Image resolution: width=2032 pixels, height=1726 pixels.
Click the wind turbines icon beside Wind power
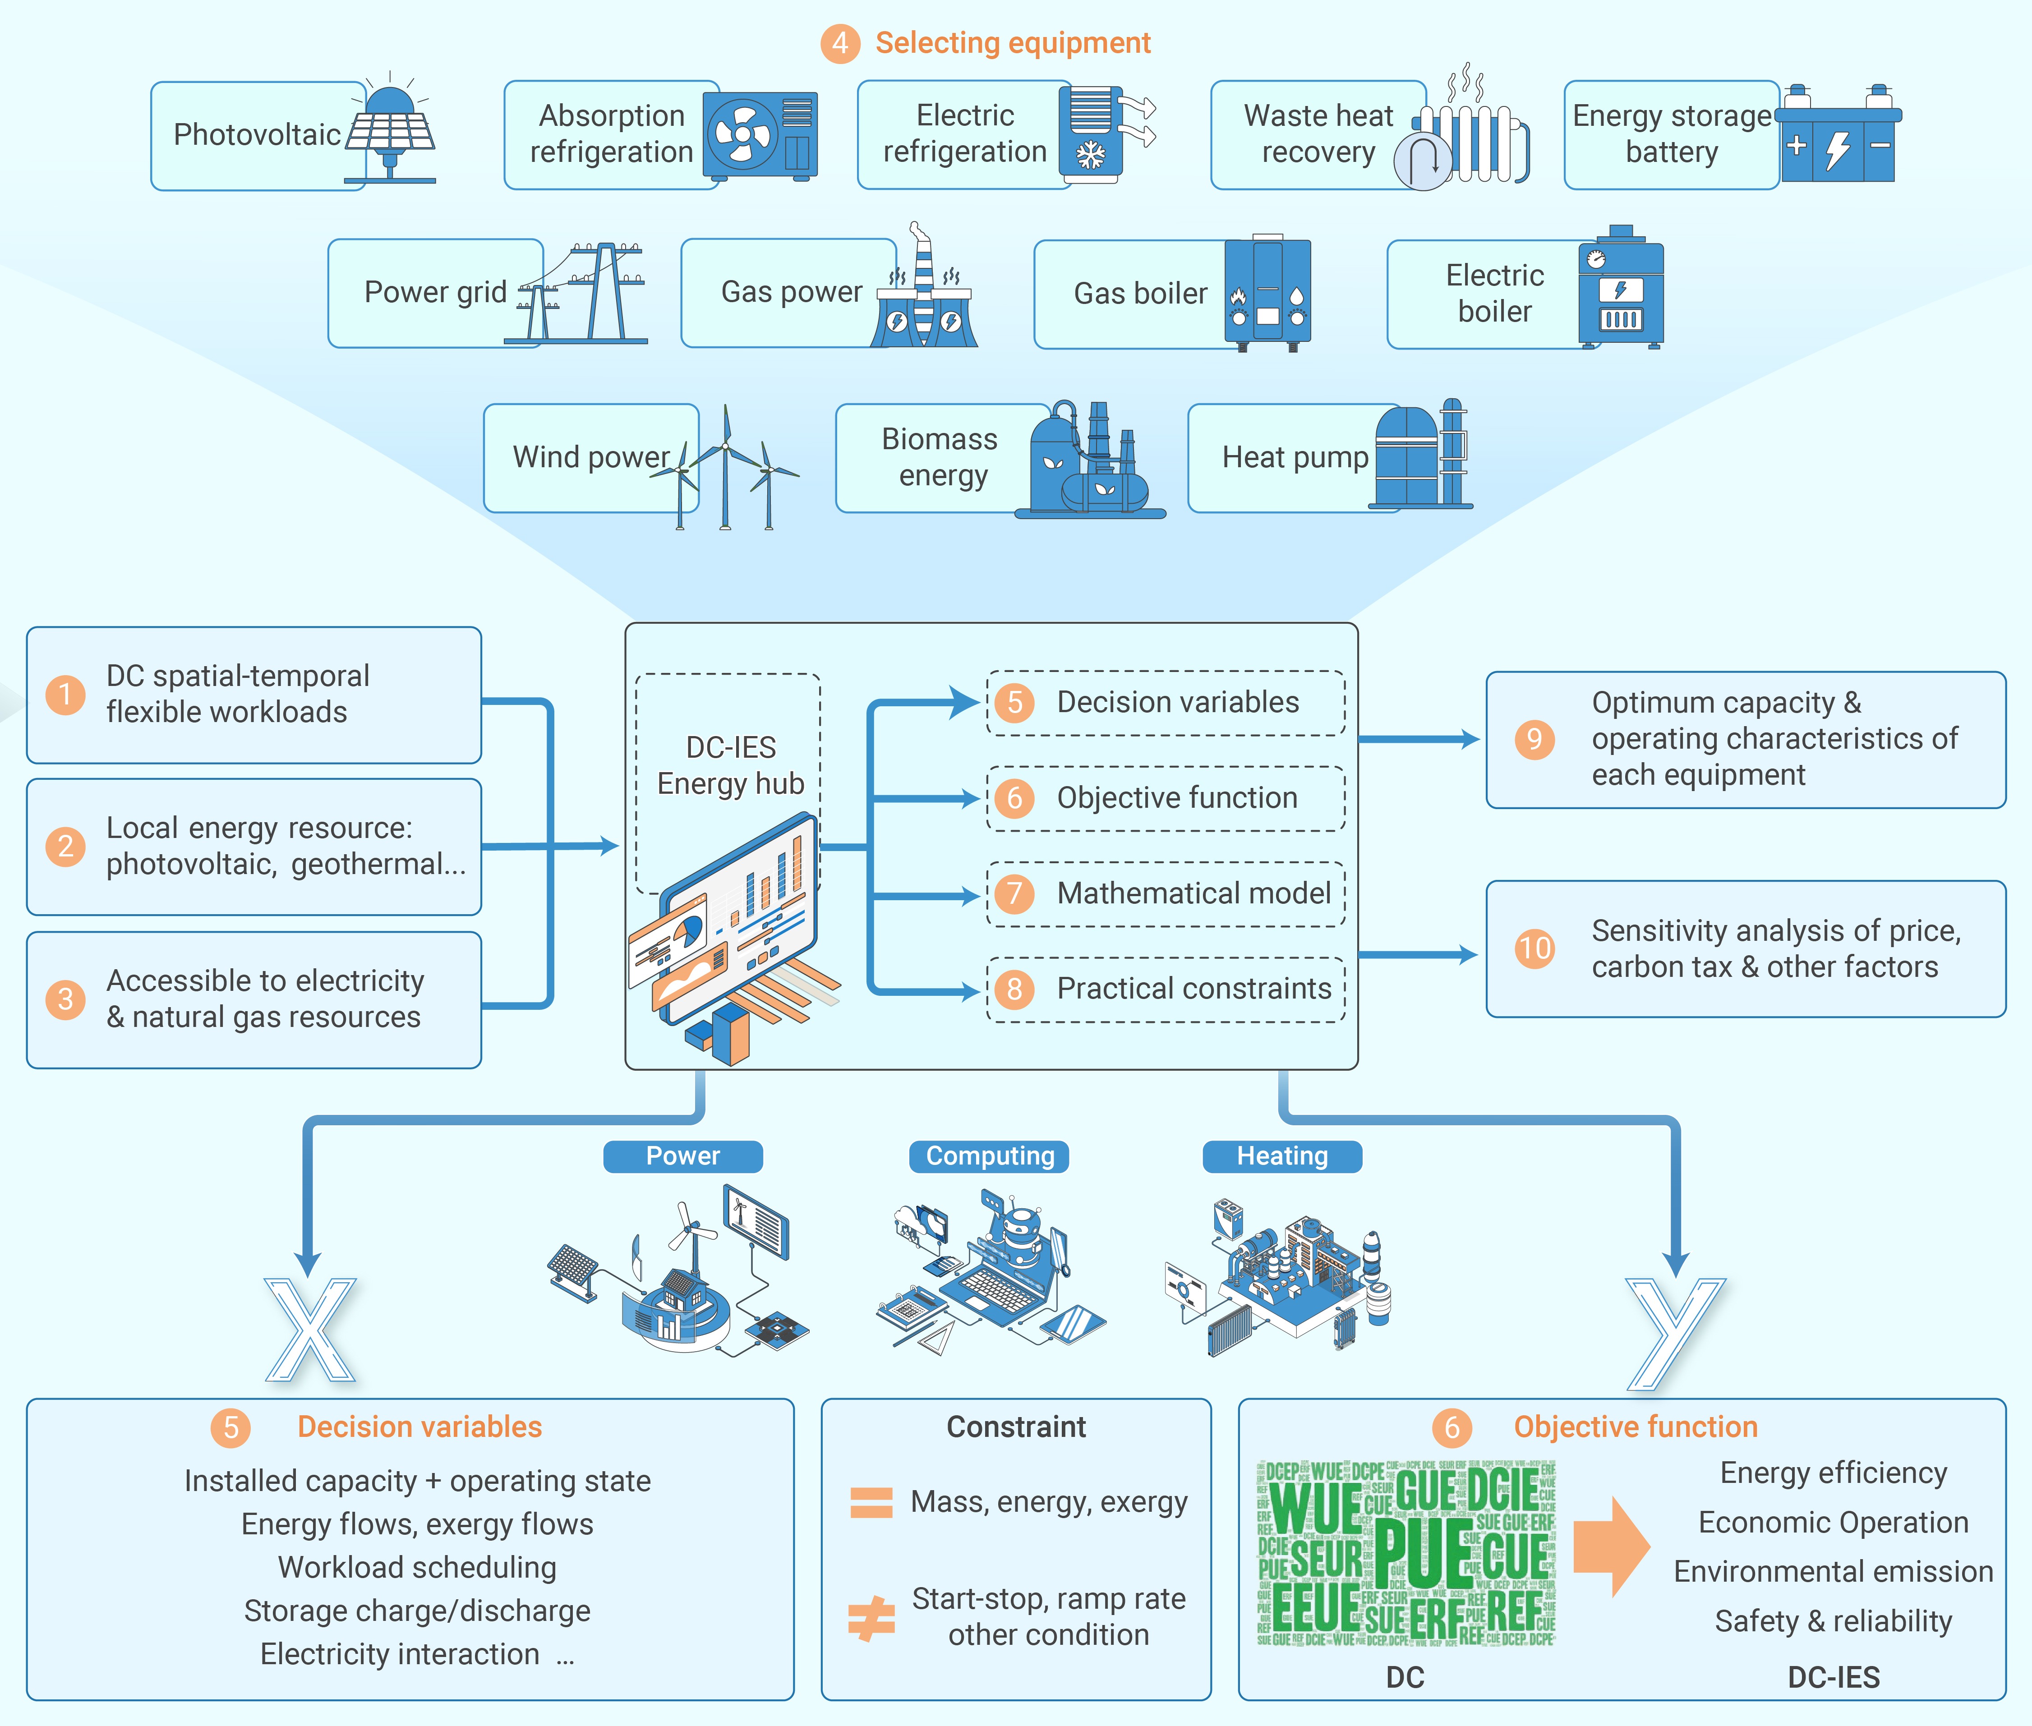729,468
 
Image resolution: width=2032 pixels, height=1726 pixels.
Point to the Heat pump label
1295,457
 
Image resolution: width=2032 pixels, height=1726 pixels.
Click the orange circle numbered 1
65,695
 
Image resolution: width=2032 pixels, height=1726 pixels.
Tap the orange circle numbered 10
1534,948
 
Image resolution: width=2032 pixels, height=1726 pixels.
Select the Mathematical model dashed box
1165,893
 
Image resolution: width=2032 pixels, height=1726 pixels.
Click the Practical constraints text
1193,989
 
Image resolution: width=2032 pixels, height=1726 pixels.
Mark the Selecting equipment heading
1013,43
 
